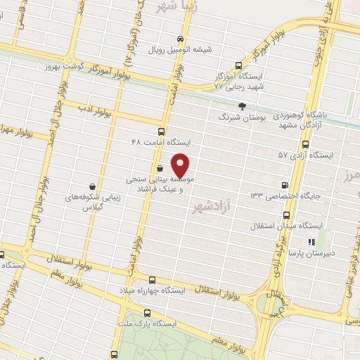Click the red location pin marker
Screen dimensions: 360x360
tap(181, 166)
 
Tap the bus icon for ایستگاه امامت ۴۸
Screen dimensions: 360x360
tap(162, 131)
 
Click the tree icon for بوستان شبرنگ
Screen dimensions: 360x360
tap(243, 106)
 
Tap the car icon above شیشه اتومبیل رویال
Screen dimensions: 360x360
tap(181, 39)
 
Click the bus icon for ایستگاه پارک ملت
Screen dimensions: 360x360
tap(146, 314)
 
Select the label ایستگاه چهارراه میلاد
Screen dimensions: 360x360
tap(149, 290)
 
